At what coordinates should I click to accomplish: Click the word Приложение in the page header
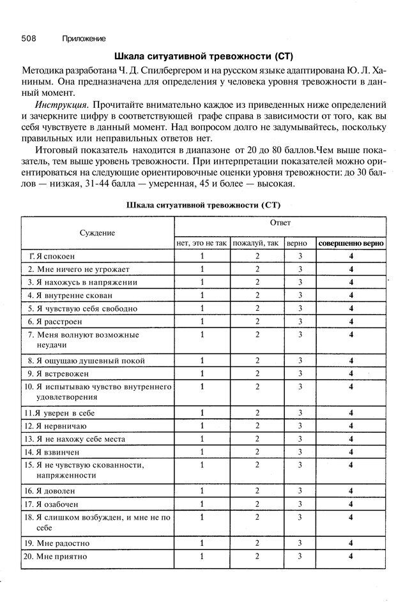tap(84, 38)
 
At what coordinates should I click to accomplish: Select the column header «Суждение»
tap(97, 233)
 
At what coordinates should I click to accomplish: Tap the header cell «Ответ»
tap(280, 223)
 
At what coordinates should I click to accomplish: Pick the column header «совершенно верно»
tap(351, 243)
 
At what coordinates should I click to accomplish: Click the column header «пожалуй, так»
tap(256, 243)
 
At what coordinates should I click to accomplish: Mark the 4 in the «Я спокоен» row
tap(351, 256)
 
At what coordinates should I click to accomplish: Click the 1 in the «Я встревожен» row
tap(202, 373)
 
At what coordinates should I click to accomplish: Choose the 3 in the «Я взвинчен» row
tap(300, 452)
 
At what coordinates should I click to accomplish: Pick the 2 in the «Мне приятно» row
tap(257, 557)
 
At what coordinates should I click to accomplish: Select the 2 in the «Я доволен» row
tap(257, 491)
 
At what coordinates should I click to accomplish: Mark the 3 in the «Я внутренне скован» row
tap(300, 295)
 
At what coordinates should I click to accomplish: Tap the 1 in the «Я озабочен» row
tap(202, 504)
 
